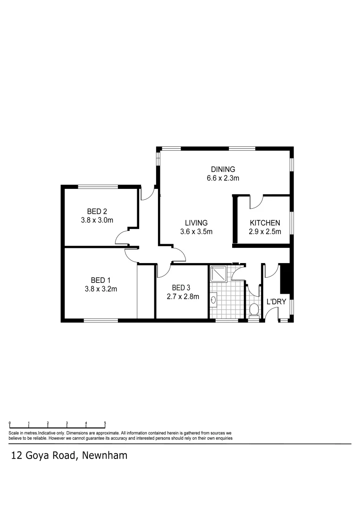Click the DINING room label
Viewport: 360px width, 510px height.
223,170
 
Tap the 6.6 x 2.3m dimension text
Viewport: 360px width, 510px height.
223,178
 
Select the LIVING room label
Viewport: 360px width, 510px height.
196,223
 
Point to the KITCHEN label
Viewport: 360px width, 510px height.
265,223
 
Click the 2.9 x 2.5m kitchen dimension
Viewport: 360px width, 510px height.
265,232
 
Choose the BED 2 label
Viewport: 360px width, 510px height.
99,211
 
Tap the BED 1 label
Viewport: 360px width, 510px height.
99,280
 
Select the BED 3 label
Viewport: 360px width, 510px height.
182,288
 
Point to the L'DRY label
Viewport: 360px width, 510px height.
276,302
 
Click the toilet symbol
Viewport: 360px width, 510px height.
254,310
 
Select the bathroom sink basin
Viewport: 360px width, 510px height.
214,299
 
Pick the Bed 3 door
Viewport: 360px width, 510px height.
163,271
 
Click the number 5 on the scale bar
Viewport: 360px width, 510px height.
105,423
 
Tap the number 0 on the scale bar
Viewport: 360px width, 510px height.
10,423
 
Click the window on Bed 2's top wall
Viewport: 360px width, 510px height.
98,187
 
